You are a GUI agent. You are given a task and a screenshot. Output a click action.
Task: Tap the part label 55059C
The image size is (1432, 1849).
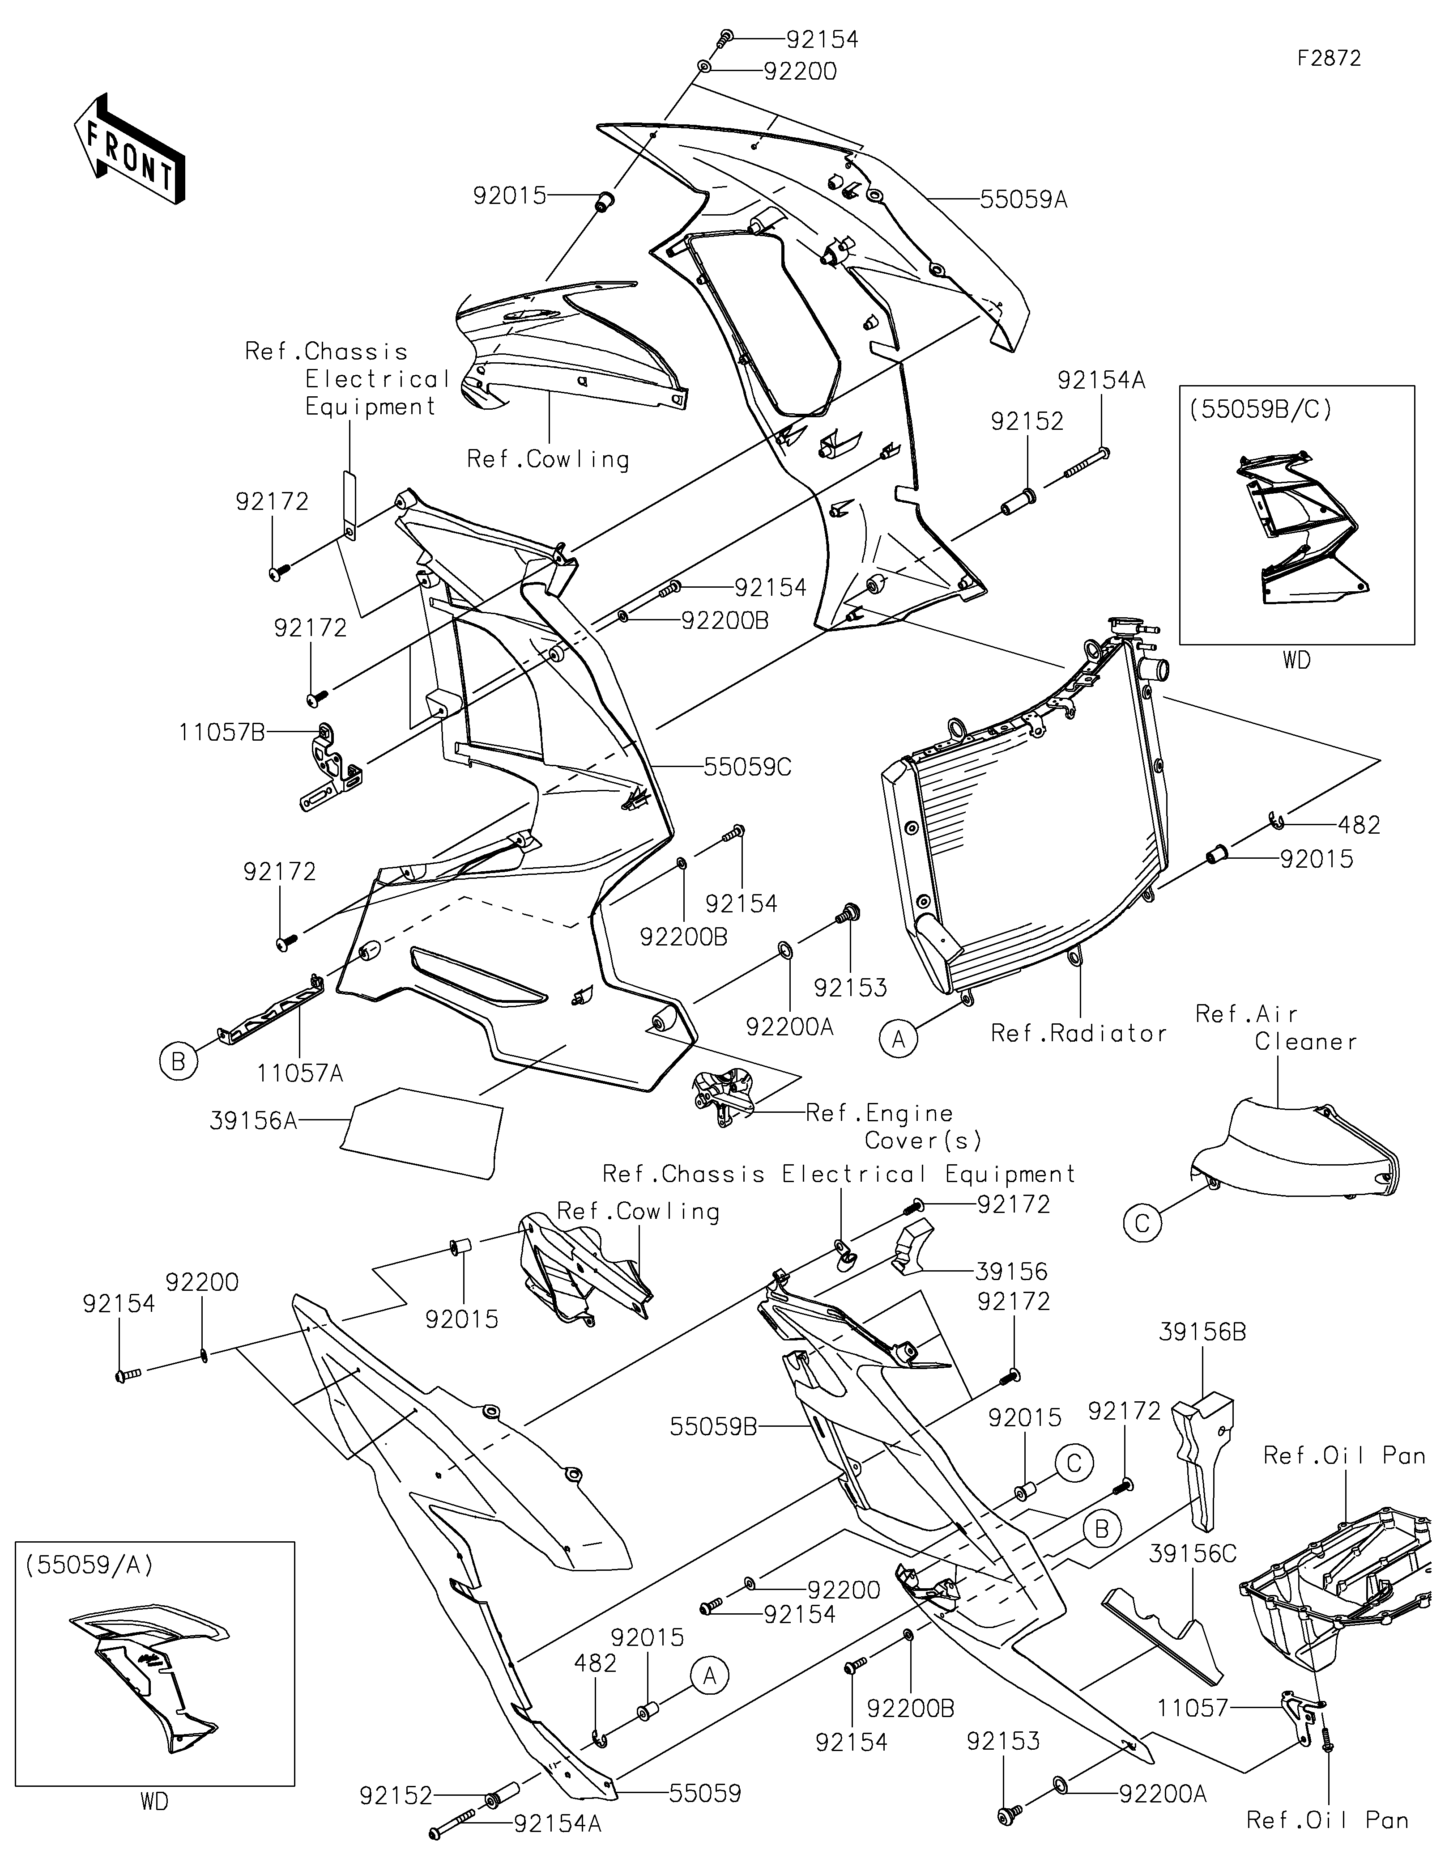747,767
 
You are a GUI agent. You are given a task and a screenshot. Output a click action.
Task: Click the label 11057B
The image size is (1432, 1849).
222,731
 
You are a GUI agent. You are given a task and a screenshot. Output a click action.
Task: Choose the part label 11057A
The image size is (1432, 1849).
301,1073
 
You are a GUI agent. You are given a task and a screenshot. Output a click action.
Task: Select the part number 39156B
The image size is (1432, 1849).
1202,1332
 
